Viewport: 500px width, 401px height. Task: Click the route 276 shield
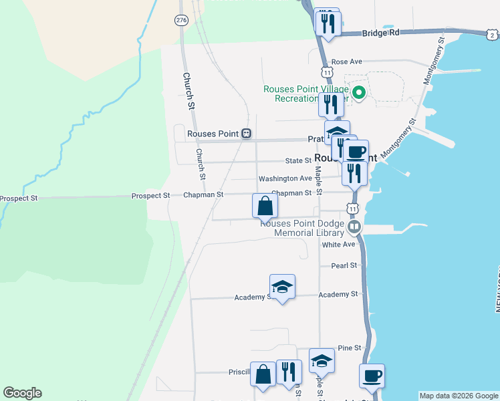point(181,21)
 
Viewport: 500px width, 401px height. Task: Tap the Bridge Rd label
point(380,32)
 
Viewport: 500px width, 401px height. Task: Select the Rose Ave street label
point(346,61)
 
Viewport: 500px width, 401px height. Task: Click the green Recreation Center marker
point(359,93)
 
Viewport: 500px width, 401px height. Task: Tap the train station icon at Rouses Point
point(247,134)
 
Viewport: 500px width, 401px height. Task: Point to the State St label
point(298,160)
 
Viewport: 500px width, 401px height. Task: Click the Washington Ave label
point(285,178)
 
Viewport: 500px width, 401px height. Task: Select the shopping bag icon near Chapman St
point(265,205)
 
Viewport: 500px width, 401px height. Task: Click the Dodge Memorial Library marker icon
point(354,228)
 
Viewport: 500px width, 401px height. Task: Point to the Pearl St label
point(344,265)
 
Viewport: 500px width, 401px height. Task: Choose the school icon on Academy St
point(282,286)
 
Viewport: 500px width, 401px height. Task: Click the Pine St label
point(349,348)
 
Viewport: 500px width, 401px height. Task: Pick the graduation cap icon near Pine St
point(322,361)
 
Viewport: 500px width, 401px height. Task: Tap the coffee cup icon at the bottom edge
point(372,376)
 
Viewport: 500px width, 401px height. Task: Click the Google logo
point(22,393)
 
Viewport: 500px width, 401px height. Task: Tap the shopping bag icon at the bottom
point(263,376)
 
